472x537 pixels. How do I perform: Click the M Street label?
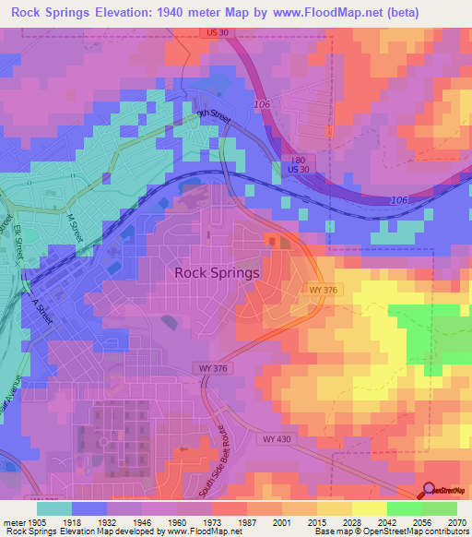click(x=75, y=228)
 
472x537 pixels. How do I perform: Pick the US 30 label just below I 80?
click(x=298, y=171)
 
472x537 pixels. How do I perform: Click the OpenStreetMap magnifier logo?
click(x=428, y=490)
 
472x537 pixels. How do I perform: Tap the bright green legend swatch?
click(x=404, y=507)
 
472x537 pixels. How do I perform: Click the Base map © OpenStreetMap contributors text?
click(x=390, y=531)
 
